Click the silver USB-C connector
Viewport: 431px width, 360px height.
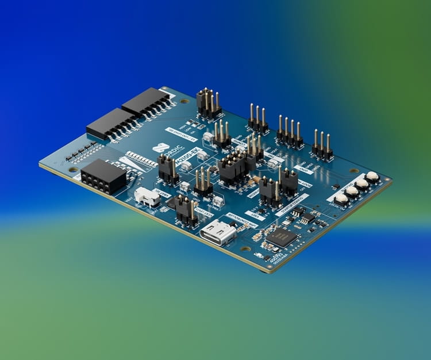click(x=219, y=233)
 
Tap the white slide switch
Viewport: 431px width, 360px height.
click(x=148, y=197)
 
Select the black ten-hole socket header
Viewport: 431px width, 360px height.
click(x=103, y=175)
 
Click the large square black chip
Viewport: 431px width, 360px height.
click(x=282, y=237)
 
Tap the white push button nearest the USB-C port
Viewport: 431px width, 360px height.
click(x=341, y=199)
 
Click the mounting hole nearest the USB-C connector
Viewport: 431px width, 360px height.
click(x=245, y=248)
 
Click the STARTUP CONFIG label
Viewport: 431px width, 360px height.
click(x=292, y=205)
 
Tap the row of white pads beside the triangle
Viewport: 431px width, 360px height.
click(x=141, y=159)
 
